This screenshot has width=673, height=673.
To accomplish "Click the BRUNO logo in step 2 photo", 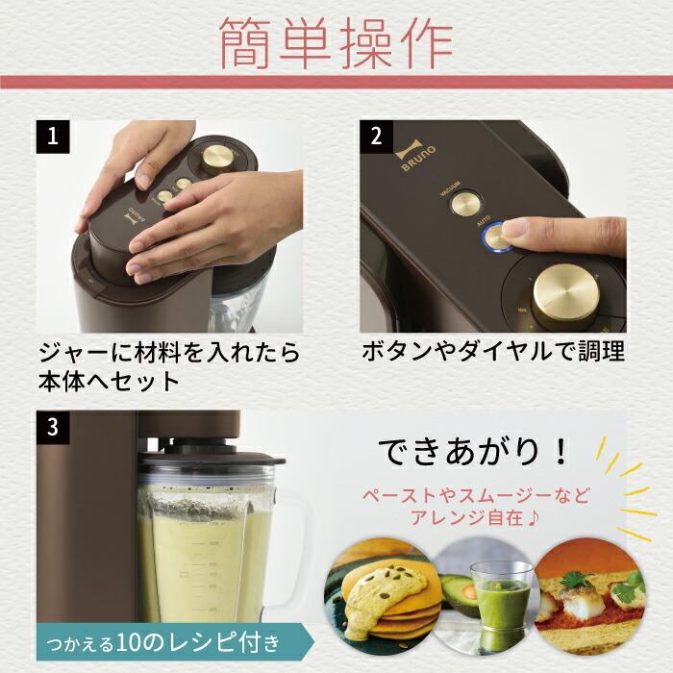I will pos(408,158).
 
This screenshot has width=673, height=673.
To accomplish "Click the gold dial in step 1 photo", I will pos(217,157).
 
